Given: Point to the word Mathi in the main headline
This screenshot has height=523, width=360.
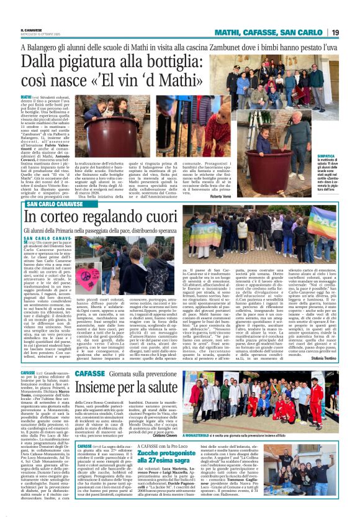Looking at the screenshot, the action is click(146, 80).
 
